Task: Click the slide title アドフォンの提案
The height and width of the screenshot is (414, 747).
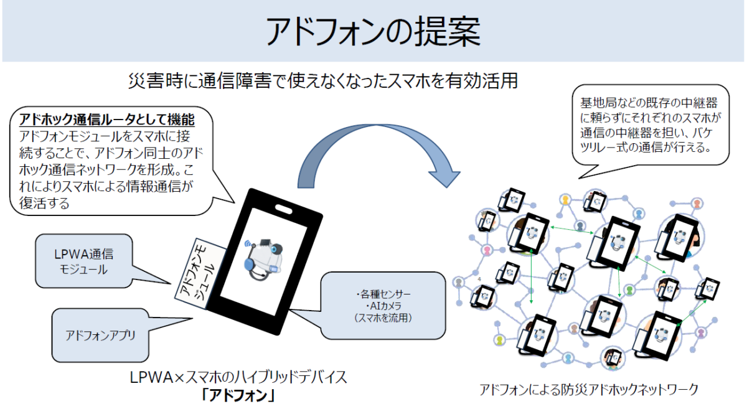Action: [x=373, y=31]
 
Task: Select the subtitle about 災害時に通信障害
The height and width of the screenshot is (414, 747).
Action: [x=324, y=81]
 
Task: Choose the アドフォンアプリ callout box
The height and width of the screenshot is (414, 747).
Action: [x=100, y=335]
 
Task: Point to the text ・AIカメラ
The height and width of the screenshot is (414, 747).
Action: [x=383, y=306]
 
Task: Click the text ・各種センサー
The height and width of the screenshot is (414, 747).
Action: [x=383, y=294]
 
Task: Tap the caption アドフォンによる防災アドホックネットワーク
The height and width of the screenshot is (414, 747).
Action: [x=589, y=389]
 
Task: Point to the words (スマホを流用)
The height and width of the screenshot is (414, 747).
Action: [x=383, y=318]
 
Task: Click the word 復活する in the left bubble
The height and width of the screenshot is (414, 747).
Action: [x=44, y=203]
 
